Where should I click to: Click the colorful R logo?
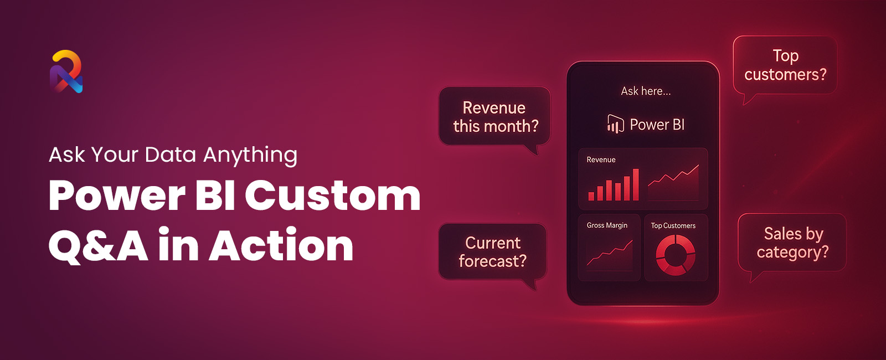pyautogui.click(x=66, y=71)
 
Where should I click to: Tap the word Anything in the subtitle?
pyautogui.click(x=250, y=155)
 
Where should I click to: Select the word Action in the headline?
pyautogui.click(x=281, y=244)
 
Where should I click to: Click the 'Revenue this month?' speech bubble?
pyautogui.click(x=494, y=117)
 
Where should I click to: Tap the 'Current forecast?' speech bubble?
pyautogui.click(x=492, y=253)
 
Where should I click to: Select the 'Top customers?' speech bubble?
pyautogui.click(x=785, y=66)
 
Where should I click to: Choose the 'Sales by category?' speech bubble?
pyautogui.click(x=792, y=243)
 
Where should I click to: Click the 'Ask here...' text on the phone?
pyautogui.click(x=646, y=91)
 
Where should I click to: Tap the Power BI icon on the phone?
pyautogui.click(x=615, y=124)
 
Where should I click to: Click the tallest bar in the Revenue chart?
pyautogui.click(x=636, y=185)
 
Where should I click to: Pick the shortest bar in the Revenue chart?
pyautogui.click(x=591, y=196)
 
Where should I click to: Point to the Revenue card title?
pyautogui.click(x=601, y=160)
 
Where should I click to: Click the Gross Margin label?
pyautogui.click(x=607, y=225)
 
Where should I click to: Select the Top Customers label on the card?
pyautogui.click(x=673, y=225)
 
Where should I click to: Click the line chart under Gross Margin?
pyautogui.click(x=610, y=254)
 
